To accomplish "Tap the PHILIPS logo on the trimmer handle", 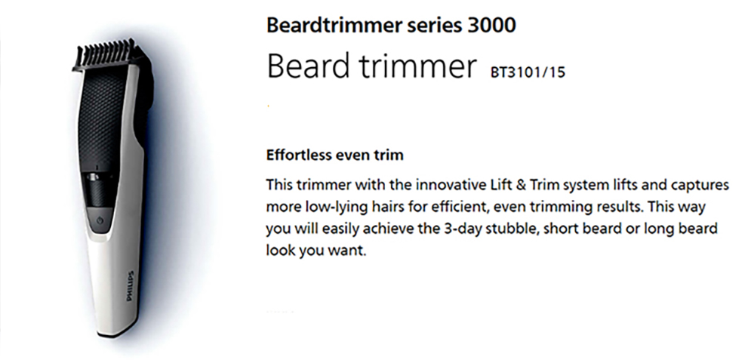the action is [130, 286].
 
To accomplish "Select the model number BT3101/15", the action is [528, 72].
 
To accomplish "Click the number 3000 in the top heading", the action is [491, 26].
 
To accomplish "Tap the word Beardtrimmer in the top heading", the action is [334, 26].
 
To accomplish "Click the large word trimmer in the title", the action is [417, 66].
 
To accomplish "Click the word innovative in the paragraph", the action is [449, 185].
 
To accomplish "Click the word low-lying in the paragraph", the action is [335, 208].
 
